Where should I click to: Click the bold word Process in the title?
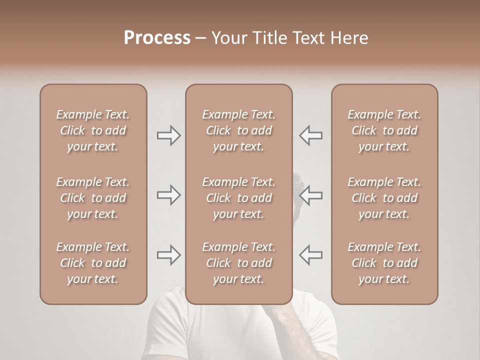[x=157, y=38]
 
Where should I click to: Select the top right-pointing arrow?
[x=169, y=135]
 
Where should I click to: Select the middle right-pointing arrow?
[x=169, y=195]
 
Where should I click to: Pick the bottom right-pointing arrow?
[x=169, y=255]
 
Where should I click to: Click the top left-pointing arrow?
[x=310, y=135]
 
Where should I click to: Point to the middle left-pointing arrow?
[x=310, y=195]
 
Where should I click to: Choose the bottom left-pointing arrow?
[x=310, y=255]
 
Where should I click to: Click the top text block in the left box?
[x=93, y=130]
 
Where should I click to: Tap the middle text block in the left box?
[x=93, y=198]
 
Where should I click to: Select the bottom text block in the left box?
[x=93, y=263]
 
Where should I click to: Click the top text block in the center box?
[x=238, y=130]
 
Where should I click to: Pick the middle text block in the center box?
[x=238, y=198]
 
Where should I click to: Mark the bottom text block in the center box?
[x=238, y=263]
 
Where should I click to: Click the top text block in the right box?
[x=384, y=130]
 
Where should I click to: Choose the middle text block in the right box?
[x=384, y=198]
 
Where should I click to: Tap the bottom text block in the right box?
[x=384, y=263]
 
